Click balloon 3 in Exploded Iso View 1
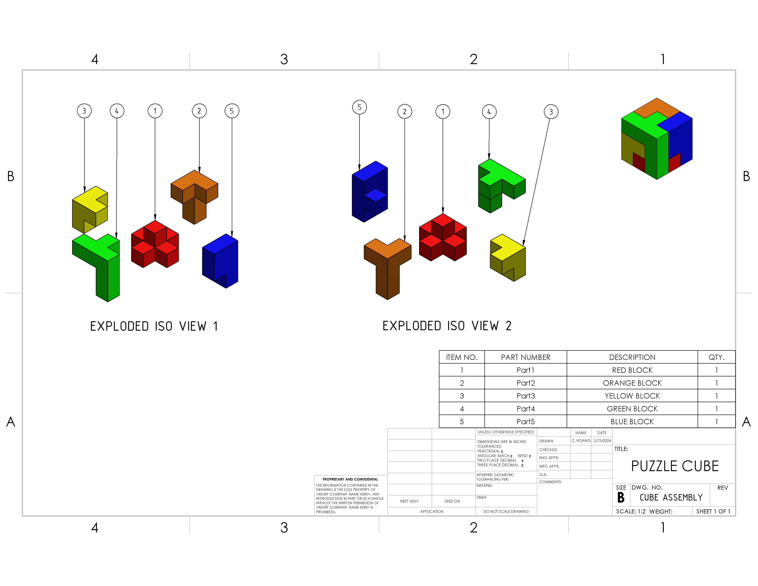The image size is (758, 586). (x=84, y=111)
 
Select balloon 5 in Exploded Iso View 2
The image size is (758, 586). (x=359, y=107)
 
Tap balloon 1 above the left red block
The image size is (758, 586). (x=155, y=111)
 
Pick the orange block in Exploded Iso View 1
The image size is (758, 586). (x=194, y=197)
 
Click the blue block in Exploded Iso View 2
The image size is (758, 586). (x=370, y=191)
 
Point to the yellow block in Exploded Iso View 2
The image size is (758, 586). (x=508, y=258)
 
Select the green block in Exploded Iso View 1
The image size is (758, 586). (x=96, y=268)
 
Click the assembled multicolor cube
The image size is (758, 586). (x=657, y=139)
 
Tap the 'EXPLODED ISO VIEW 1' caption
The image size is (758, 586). (x=154, y=326)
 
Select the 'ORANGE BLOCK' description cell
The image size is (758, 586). (x=632, y=383)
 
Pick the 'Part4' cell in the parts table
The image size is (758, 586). (x=526, y=409)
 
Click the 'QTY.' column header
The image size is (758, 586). (x=716, y=357)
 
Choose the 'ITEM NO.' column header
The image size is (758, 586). (x=462, y=357)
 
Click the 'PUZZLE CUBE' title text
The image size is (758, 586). (x=675, y=466)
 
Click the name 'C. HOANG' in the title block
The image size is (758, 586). (x=581, y=441)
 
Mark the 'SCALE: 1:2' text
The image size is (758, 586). (x=631, y=511)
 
